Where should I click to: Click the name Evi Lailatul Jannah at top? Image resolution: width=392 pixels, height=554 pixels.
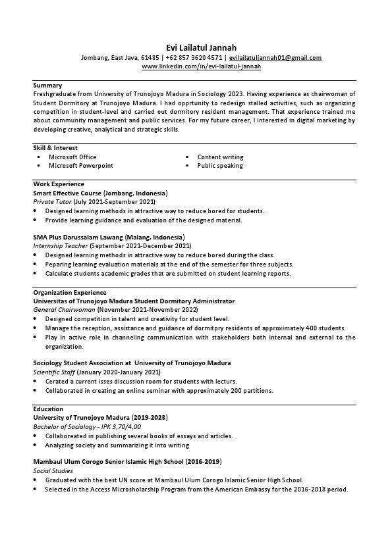196,47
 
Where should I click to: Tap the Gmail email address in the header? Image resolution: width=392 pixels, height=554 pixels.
275,58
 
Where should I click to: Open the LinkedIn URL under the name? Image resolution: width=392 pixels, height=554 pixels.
201,66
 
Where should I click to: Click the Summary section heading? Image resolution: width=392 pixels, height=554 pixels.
47,86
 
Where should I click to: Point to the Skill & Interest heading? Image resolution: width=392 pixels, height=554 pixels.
55,148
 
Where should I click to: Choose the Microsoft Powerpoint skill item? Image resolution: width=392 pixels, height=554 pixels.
80,166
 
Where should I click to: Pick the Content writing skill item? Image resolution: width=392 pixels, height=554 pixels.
220,157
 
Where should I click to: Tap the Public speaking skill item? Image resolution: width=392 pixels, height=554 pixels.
220,166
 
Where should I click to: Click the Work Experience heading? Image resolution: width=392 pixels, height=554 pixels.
59,184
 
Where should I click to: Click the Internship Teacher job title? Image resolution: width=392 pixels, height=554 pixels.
61,245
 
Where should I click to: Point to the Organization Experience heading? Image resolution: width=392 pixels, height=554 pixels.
69,292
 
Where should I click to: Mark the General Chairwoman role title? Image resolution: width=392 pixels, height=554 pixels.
65,309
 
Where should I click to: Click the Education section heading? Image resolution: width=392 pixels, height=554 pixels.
48,409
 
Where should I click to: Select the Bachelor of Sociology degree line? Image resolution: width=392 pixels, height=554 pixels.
87,426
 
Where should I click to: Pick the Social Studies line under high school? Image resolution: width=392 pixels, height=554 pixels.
53,471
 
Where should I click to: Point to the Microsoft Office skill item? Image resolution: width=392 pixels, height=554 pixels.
72,157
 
